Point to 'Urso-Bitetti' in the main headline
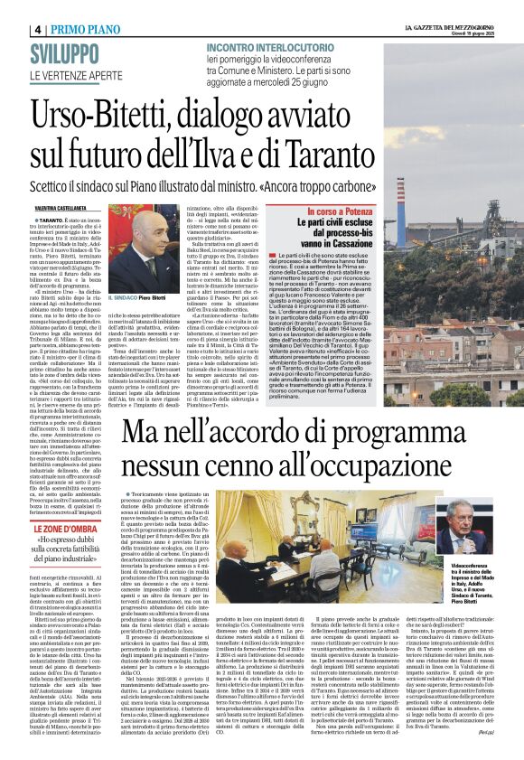(122, 115)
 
